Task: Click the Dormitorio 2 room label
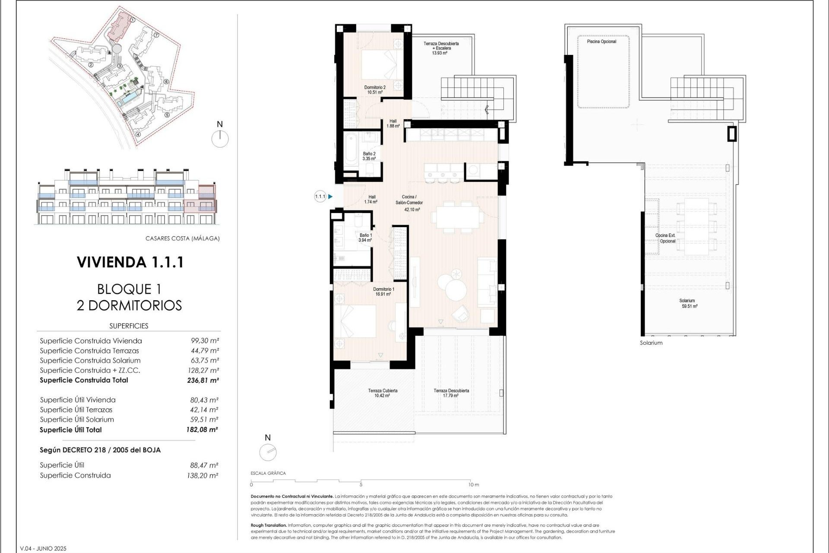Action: click(x=375, y=89)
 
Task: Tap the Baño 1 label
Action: click(x=365, y=238)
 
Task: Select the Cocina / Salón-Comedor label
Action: click(x=409, y=203)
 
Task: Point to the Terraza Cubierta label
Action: click(x=383, y=393)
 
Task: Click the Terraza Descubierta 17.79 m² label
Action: click(x=451, y=393)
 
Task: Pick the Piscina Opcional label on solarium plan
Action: click(x=601, y=41)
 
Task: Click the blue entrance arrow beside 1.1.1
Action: click(x=330, y=197)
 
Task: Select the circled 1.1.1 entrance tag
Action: click(x=320, y=197)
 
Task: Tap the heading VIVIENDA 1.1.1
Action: click(x=130, y=262)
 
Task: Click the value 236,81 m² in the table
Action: click(x=203, y=381)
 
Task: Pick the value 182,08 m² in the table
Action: click(x=202, y=430)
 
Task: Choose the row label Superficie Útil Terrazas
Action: click(x=76, y=410)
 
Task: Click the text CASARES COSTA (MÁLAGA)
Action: click(x=182, y=238)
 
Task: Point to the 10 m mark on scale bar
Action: click(x=474, y=485)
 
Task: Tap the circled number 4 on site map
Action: click(x=138, y=134)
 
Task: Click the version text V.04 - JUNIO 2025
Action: click(x=43, y=549)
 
